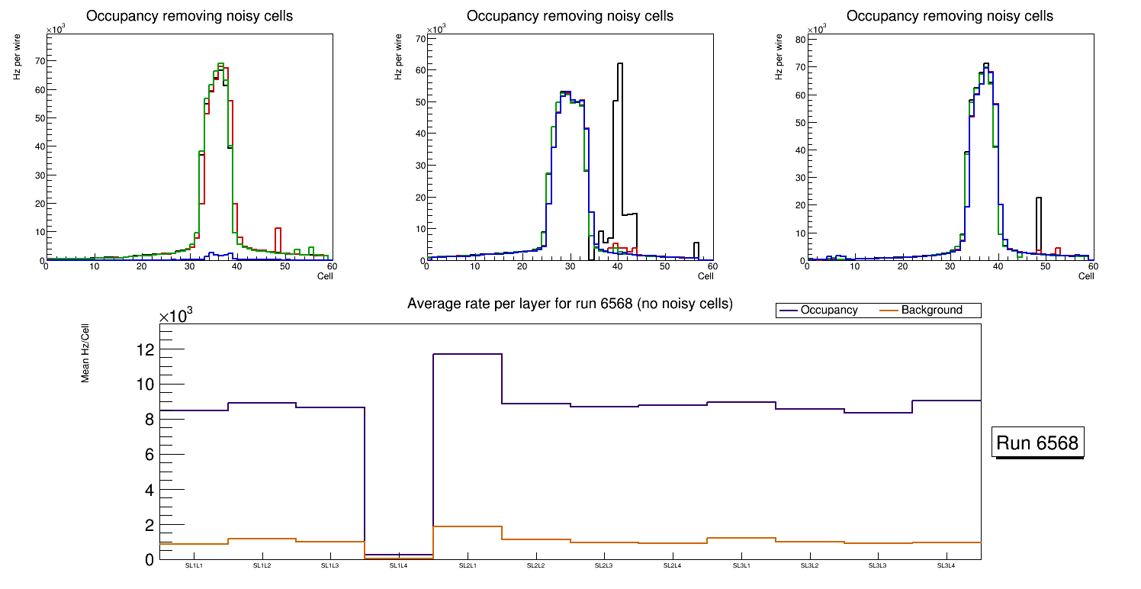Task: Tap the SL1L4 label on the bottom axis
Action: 399,566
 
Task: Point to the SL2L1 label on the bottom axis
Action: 468,566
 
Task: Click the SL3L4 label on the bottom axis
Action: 946,566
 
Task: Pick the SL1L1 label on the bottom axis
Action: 194,566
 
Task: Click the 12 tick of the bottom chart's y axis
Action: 145,349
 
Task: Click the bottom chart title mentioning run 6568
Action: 570,304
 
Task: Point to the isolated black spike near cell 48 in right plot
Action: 1038,200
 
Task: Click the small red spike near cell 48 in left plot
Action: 278,229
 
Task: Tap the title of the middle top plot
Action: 570,16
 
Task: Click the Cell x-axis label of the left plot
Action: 325,276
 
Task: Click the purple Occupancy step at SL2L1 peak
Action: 468,354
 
